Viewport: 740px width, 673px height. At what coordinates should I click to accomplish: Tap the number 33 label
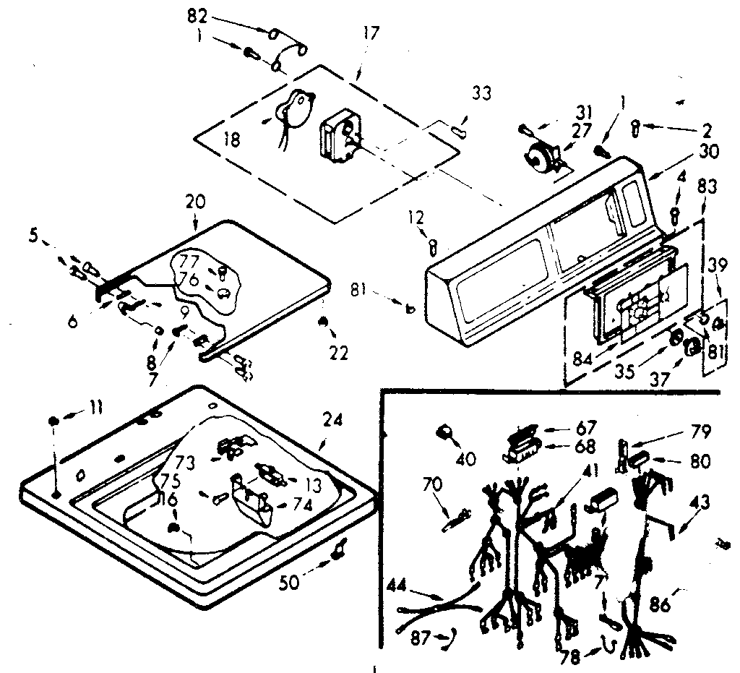coord(481,94)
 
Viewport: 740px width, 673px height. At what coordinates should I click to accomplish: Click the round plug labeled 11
coord(55,421)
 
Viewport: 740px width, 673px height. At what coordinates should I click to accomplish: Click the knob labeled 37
coord(691,348)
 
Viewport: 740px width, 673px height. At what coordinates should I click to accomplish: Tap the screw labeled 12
coord(432,246)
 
